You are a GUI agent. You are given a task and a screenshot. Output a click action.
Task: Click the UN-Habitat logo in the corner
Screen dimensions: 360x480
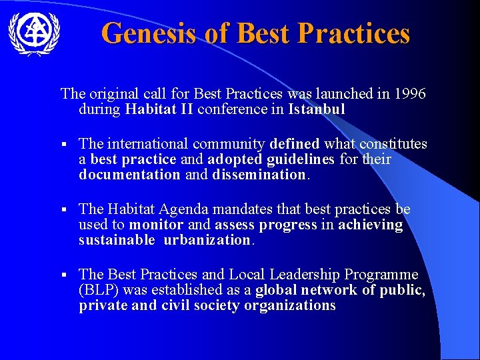click(34, 33)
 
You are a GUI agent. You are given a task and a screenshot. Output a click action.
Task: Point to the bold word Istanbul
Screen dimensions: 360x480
click(317, 109)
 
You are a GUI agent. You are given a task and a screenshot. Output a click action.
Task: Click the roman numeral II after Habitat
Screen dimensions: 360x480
click(187, 109)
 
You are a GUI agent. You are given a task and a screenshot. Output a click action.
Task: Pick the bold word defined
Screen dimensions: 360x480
click(295, 144)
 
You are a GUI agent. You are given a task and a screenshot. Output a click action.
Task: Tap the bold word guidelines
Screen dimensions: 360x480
click(304, 159)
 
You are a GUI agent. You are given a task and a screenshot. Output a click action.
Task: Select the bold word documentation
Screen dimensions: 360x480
click(129, 175)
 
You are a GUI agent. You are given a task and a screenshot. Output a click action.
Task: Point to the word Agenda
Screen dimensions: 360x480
click(197, 209)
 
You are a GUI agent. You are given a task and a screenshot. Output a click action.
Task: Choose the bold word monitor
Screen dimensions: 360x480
click(156, 225)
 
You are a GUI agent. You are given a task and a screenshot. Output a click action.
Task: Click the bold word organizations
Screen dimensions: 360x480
click(290, 305)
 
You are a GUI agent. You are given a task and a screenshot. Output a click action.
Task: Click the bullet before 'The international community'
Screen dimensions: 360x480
click(63, 145)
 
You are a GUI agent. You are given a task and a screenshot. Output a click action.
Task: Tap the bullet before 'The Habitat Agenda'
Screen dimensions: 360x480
click(63, 210)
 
